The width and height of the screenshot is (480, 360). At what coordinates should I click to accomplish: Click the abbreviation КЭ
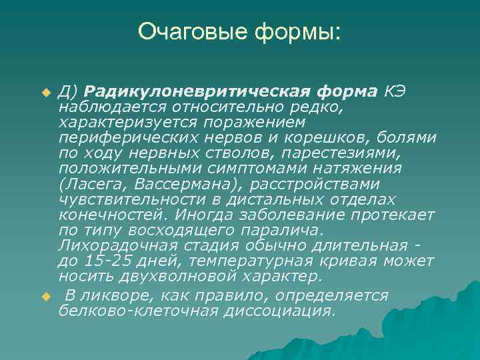[394, 91]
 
